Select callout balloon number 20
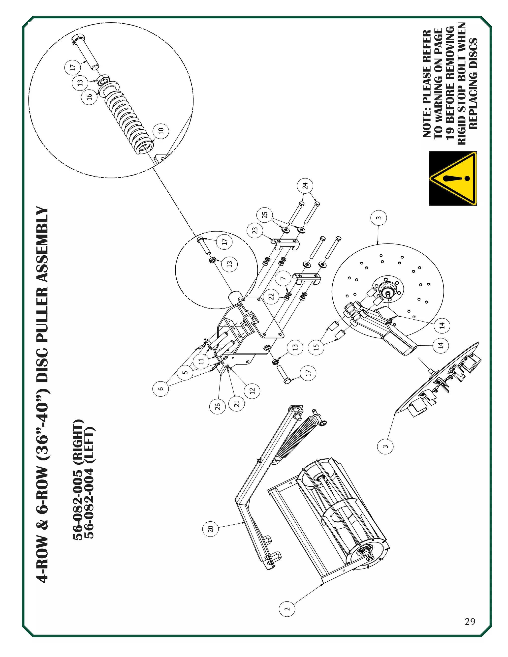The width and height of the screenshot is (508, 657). click(x=211, y=529)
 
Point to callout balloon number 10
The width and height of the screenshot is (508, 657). click(x=161, y=131)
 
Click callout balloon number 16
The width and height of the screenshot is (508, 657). click(x=89, y=96)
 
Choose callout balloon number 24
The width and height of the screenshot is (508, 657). click(x=305, y=186)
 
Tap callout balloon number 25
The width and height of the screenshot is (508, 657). click(x=264, y=215)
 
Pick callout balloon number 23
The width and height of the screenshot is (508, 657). click(x=255, y=230)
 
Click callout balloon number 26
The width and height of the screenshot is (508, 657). click(x=218, y=406)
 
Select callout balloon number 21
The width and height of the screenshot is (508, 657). click(x=237, y=403)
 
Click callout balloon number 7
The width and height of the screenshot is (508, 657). click(x=283, y=278)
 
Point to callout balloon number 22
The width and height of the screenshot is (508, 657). click(x=271, y=297)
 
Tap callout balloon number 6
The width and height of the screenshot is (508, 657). click(x=161, y=388)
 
